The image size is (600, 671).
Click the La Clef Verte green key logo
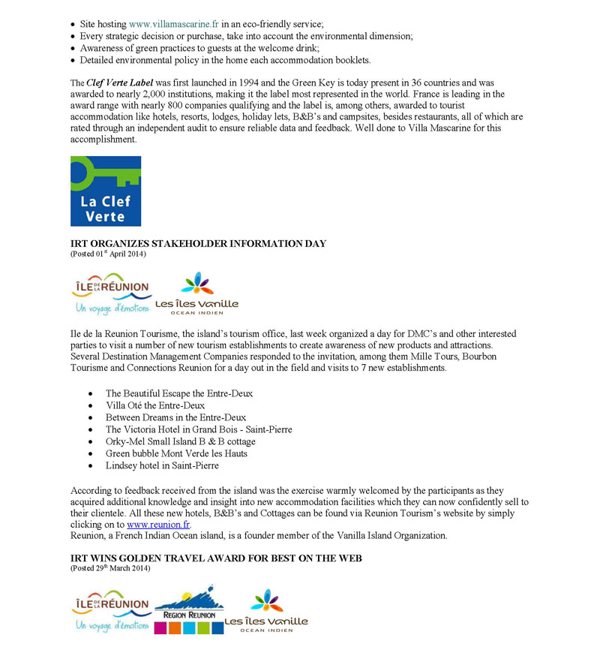(x=106, y=191)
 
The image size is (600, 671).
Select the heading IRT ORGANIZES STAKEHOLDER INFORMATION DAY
(x=198, y=244)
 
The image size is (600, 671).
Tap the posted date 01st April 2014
(x=108, y=254)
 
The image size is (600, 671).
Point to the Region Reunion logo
(x=189, y=609)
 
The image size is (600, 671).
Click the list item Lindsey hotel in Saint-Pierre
(x=162, y=465)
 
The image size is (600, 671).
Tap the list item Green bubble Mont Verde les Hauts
(x=176, y=453)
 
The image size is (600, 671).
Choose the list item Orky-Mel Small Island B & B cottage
(x=180, y=441)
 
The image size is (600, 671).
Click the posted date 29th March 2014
(x=110, y=568)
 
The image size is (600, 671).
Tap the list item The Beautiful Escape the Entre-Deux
(x=179, y=393)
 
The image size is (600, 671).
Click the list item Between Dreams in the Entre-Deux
(x=175, y=417)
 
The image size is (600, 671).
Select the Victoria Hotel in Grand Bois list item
(x=199, y=429)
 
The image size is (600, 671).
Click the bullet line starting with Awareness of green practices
(x=199, y=48)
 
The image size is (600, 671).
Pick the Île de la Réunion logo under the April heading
(x=110, y=295)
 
